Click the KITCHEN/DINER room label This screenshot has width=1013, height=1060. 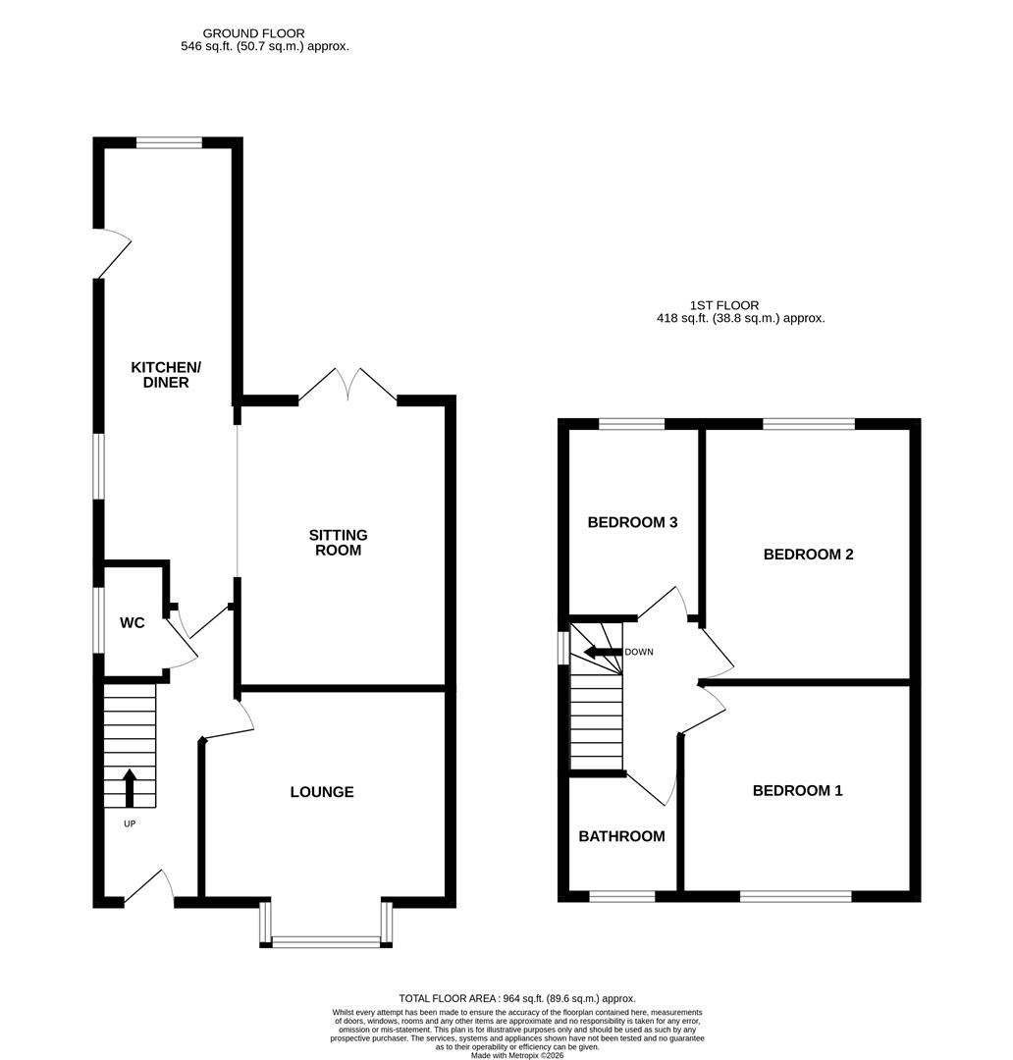[x=166, y=375]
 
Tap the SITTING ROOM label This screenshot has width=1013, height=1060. [x=338, y=543]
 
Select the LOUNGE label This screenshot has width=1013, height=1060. [x=321, y=792]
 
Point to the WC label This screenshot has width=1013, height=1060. [x=133, y=623]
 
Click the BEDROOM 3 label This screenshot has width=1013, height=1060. [x=632, y=522]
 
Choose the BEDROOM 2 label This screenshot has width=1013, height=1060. [x=808, y=554]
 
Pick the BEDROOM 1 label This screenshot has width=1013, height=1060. [x=797, y=790]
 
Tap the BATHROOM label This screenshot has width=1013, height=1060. [x=621, y=836]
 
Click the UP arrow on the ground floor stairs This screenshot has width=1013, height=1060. [x=130, y=786]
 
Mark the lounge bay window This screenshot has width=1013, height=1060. [x=326, y=941]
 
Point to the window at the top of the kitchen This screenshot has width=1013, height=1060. [x=169, y=142]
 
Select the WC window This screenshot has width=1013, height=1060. [x=98, y=619]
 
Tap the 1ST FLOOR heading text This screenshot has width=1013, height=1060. [x=724, y=305]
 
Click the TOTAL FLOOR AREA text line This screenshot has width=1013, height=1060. [x=517, y=997]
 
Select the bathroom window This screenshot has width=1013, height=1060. [x=621, y=895]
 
